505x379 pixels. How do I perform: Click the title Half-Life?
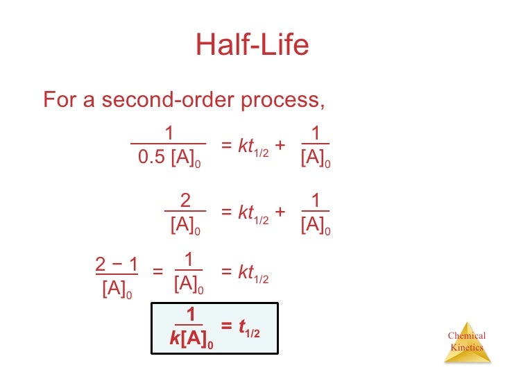pyautogui.click(x=252, y=45)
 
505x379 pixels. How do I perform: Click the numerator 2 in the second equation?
pyautogui.click(x=185, y=201)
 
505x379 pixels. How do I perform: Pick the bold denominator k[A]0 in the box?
pyautogui.click(x=191, y=341)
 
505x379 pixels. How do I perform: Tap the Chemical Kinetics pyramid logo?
pyautogui.click(x=467, y=342)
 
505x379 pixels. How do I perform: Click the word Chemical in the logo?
pyautogui.click(x=467, y=337)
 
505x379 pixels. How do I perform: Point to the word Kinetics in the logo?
pyautogui.click(x=467, y=347)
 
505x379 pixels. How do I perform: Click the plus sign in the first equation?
pyautogui.click(x=280, y=146)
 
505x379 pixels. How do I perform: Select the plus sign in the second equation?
pyautogui.click(x=280, y=212)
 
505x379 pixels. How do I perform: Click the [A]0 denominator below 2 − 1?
pyautogui.click(x=116, y=289)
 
